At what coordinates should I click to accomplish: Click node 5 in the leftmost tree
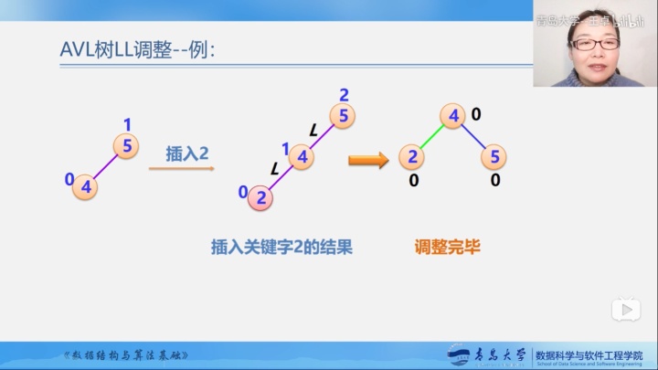pos(126,145)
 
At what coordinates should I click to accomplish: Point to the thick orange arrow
pos(368,161)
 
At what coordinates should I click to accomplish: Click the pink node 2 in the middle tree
pos(262,196)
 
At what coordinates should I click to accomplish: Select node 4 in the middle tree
pos(302,156)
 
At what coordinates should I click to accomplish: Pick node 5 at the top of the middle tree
pos(343,117)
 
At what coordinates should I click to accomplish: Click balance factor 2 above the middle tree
pos(344,95)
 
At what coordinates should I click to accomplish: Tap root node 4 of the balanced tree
pos(452,117)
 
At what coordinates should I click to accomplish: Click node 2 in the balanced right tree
pos(413,157)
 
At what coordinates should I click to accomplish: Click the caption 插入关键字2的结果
pos(281,247)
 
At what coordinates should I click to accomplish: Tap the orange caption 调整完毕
pos(447,247)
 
